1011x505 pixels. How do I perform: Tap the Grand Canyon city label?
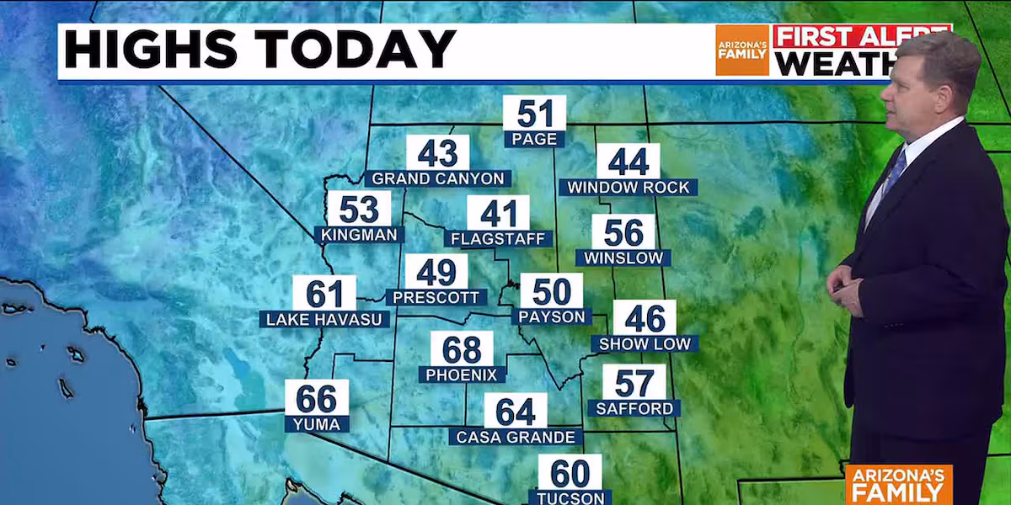point(438,178)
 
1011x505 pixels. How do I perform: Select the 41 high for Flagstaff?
point(498,213)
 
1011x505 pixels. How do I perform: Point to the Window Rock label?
point(629,187)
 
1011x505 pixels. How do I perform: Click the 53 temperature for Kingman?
point(359,210)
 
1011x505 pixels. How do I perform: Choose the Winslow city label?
point(623,258)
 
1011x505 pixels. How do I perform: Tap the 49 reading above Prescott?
point(436,273)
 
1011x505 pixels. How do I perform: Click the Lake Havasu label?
point(324,319)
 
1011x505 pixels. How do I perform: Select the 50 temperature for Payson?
point(551,292)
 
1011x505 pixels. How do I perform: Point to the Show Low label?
point(645,343)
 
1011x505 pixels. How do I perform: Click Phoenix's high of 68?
point(462,349)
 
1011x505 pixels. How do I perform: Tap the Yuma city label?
point(317,424)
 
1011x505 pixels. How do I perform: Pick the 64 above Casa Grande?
point(515,412)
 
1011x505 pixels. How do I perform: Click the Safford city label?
point(634,408)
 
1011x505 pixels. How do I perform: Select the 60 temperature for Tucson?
point(570,473)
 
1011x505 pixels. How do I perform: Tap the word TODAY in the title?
point(376,50)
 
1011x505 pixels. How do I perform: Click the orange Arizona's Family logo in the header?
point(742,50)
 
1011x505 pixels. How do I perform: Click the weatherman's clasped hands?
point(845,289)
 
